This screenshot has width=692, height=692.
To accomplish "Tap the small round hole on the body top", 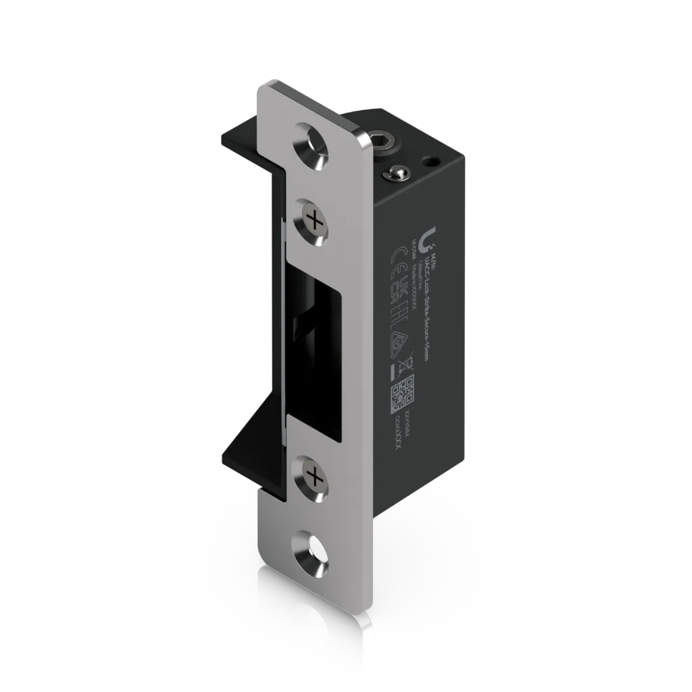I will point(428,162).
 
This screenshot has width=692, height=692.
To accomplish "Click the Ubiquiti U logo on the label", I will point(427,239).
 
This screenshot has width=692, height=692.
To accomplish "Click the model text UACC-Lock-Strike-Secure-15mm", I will point(426,304).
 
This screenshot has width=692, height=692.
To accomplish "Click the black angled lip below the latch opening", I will point(253,460).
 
